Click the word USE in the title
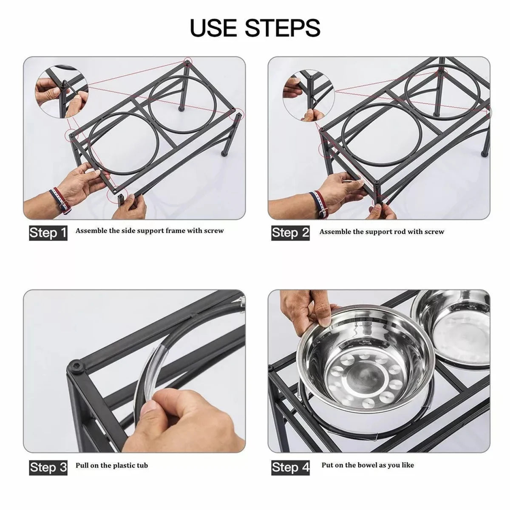213,28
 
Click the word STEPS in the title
283,28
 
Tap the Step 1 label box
48,233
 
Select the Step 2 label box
290,233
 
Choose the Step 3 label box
48,467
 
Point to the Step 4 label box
290,467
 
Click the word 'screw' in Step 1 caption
214,230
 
